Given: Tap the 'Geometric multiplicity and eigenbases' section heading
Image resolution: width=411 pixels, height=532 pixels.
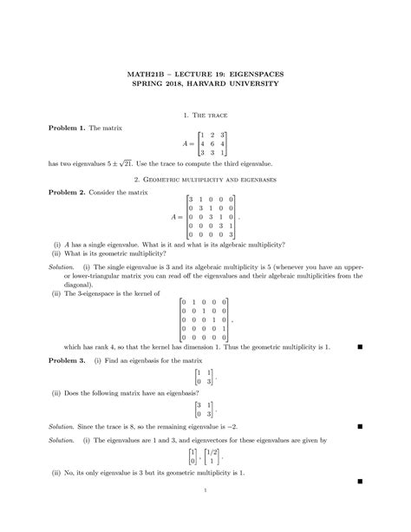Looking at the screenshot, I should coord(205,179).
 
